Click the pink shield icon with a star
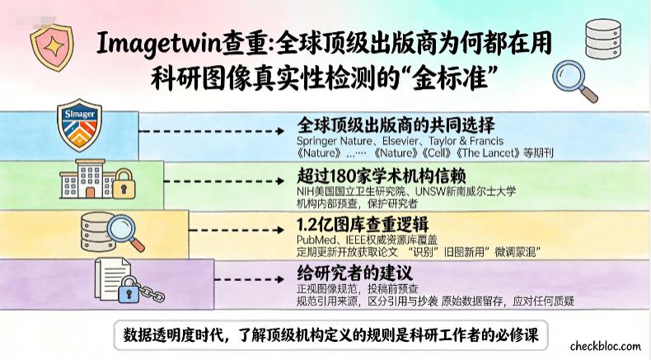pyautogui.click(x=52, y=47)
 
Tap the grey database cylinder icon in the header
pyautogui.click(x=603, y=39)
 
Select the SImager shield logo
pyautogui.click(x=79, y=125)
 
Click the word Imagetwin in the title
pyautogui.click(x=158, y=43)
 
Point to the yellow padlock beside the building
pyautogui.click(x=124, y=184)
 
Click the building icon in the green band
pyautogui.click(x=87, y=179)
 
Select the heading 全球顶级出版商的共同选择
pyautogui.click(x=396, y=124)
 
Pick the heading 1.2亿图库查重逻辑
pyautogui.click(x=362, y=224)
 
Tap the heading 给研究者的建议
pyautogui.click(x=354, y=274)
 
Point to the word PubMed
pyautogui.click(x=314, y=240)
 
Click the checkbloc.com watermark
pyautogui.click(x=606, y=346)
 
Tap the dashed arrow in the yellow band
pyautogui.click(x=236, y=230)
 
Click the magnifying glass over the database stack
pyautogui.click(x=126, y=232)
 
